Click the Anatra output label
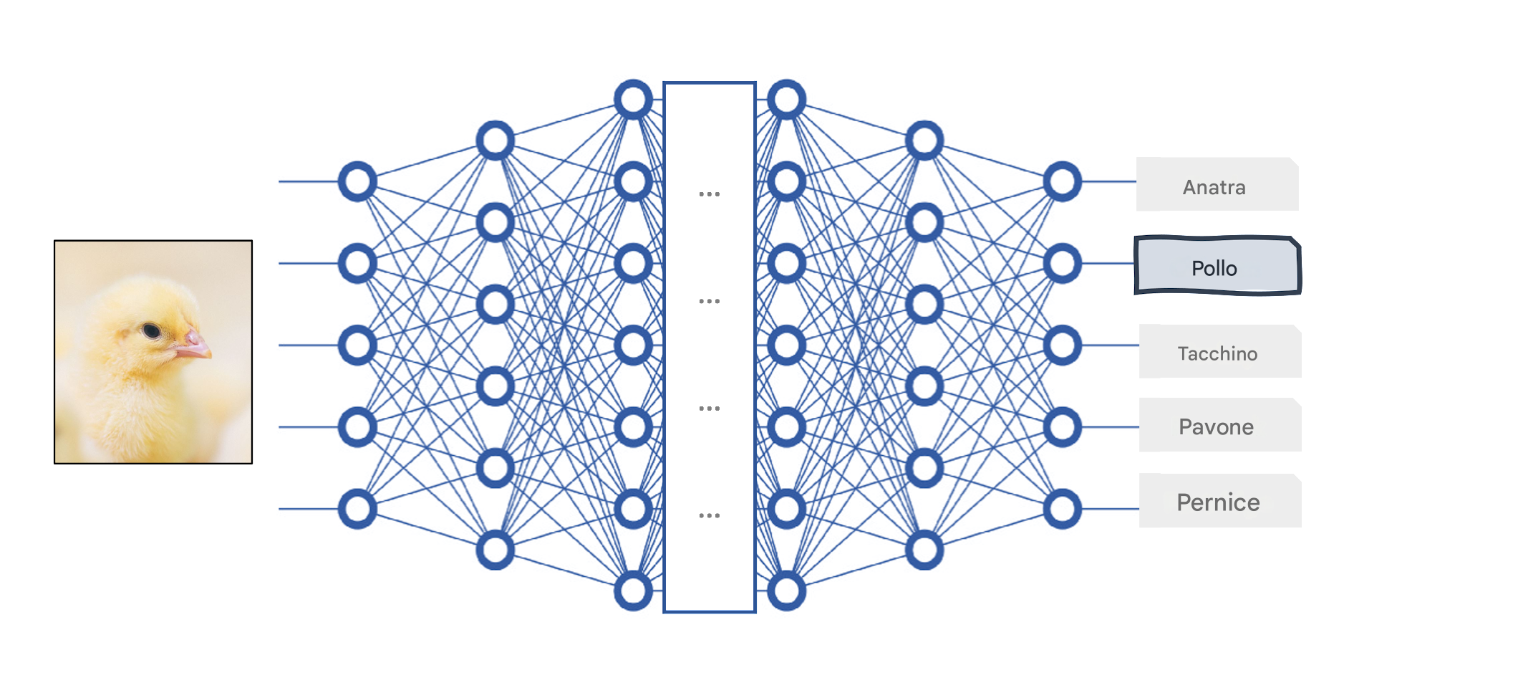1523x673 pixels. (1217, 184)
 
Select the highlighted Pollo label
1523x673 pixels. (1217, 265)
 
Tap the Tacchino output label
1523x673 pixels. (1220, 351)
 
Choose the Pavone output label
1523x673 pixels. (1220, 425)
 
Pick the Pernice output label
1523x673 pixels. (1220, 501)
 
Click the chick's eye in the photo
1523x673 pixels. (151, 330)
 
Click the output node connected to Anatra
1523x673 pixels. (1063, 181)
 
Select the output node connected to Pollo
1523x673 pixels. (1063, 263)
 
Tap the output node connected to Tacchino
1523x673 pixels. (1063, 345)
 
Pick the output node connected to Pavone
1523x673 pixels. (1063, 427)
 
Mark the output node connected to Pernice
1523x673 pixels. (1063, 509)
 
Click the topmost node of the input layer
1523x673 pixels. (357, 181)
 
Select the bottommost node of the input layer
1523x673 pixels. (357, 509)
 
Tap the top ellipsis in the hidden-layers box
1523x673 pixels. (710, 194)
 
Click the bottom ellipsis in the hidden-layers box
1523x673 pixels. (710, 515)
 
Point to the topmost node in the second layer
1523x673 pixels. (495, 140)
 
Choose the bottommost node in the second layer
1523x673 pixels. (495, 550)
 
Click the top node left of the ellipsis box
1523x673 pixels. (634, 99)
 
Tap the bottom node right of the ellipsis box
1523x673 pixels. (787, 591)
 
